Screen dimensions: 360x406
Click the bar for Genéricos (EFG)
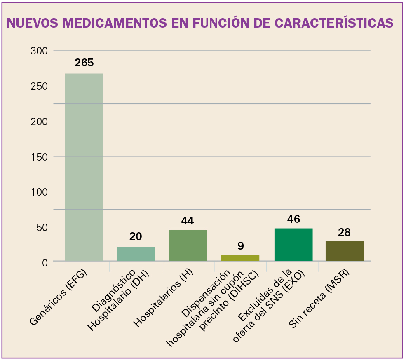click(84, 167)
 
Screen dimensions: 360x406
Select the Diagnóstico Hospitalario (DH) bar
click(136, 254)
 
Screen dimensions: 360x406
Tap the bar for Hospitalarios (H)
click(188, 245)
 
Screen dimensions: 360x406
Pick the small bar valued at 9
click(240, 257)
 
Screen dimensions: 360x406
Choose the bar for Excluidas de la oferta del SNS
click(293, 244)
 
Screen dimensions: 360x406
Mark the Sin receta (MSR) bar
click(345, 251)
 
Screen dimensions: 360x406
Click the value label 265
click(84, 63)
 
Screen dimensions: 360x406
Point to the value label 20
click(136, 236)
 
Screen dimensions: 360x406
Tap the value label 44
click(188, 221)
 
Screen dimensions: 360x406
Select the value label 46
click(293, 219)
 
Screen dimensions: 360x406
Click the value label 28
click(344, 232)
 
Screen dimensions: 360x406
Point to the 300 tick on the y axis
click(39, 51)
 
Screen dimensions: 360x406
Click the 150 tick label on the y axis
click(39, 157)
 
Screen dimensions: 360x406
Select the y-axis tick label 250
click(39, 86)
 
